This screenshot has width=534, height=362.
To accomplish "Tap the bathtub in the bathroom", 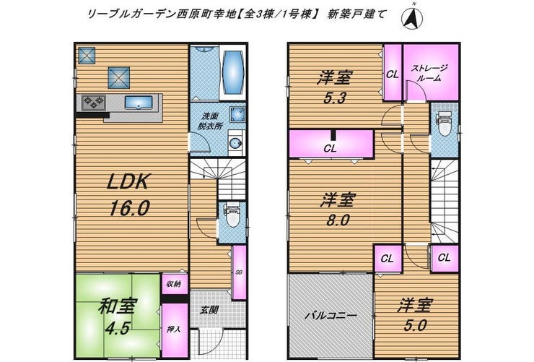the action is (233, 72).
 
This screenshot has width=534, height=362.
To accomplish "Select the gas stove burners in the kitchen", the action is (93, 103).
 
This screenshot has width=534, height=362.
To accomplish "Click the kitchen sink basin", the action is (139, 103).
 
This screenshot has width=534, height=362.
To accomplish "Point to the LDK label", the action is (128, 181).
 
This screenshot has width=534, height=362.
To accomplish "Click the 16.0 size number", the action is (129, 207).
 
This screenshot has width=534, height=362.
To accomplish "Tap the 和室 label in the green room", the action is (118, 306).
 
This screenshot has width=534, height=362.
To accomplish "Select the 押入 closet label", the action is (173, 329).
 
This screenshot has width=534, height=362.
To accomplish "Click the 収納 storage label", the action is (173, 283).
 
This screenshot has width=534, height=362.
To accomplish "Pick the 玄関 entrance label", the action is (209, 310).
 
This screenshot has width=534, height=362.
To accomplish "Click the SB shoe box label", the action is (239, 272).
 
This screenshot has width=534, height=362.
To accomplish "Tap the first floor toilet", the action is (233, 215).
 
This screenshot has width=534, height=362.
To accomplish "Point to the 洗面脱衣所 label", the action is (210, 121).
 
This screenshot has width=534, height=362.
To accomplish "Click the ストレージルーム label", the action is (429, 72).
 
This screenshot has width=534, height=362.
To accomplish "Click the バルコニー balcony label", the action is (331, 315).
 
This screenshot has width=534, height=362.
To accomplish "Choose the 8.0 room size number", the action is (338, 220).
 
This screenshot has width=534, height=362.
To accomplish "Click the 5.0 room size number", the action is (415, 326).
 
